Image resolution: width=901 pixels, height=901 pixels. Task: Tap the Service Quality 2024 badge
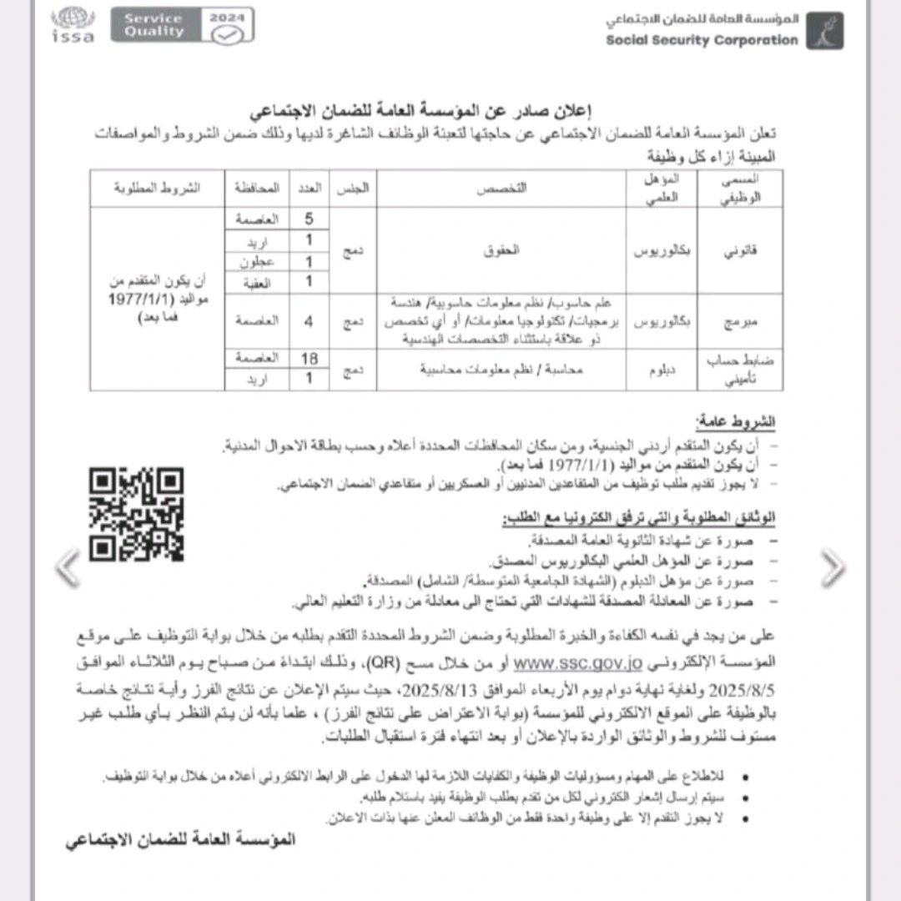pos(182,25)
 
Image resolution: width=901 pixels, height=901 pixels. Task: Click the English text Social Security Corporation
pos(702,39)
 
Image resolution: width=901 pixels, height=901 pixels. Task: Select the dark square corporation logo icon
pos(824,31)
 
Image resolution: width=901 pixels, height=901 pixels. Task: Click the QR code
pos(136,514)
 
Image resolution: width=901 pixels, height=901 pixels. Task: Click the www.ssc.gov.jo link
pos(576,664)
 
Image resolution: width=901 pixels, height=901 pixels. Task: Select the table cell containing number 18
pos(310,359)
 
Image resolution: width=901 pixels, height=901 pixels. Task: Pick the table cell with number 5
pos(310,219)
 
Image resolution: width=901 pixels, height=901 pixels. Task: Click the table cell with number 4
pos(310,321)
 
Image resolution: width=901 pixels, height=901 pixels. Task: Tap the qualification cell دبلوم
pos(662,369)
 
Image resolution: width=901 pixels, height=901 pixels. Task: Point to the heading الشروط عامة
pos(735,423)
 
